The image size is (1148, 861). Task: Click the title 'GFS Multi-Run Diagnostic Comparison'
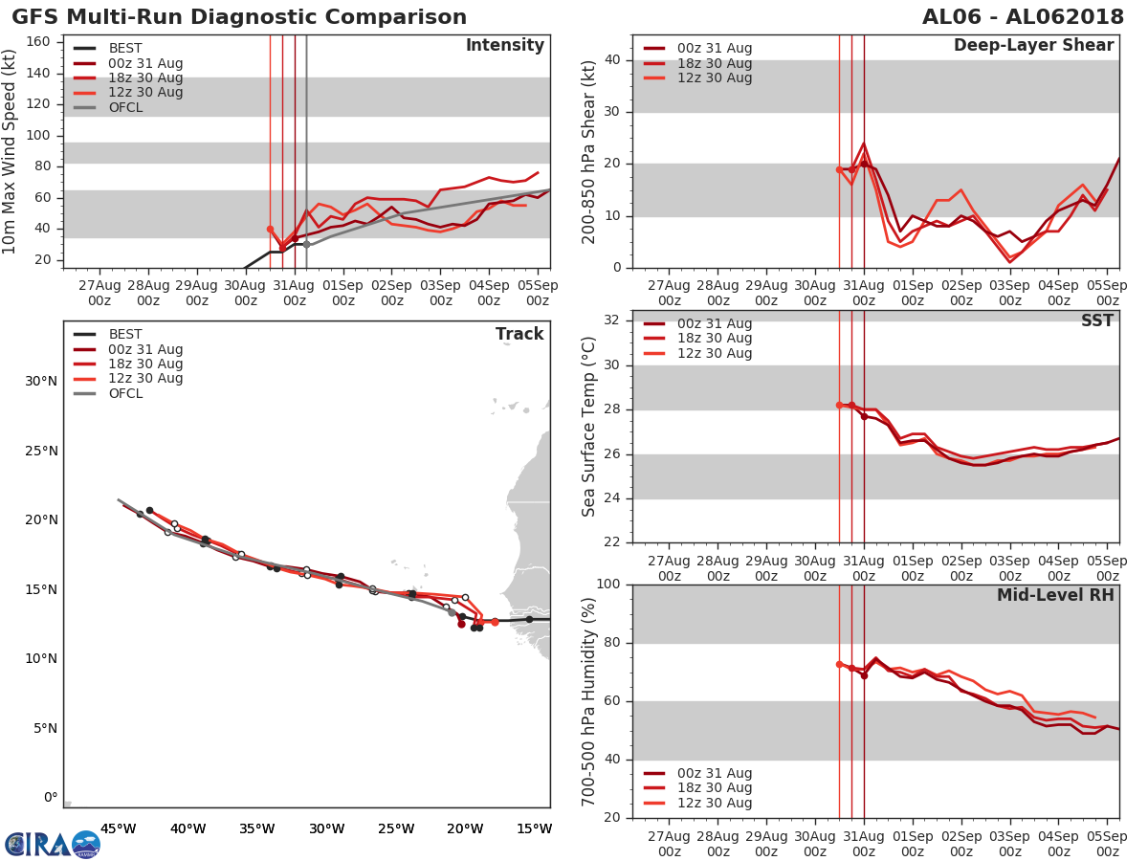(x=239, y=17)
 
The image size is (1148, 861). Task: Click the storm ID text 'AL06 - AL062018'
(x=1023, y=17)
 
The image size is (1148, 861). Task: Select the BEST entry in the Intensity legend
(x=124, y=49)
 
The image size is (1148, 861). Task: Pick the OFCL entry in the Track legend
(x=125, y=393)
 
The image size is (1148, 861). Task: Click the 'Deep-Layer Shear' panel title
(x=1033, y=46)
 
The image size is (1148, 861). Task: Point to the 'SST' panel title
(x=1097, y=321)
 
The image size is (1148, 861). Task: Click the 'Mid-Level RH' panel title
(x=1055, y=596)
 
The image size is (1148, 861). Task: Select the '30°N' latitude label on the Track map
(x=41, y=382)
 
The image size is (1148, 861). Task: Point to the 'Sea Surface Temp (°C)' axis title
(x=589, y=427)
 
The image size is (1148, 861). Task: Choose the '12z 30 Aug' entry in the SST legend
(x=714, y=353)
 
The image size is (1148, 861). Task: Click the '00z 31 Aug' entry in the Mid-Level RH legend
(x=714, y=773)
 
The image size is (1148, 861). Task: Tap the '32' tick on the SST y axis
(x=610, y=320)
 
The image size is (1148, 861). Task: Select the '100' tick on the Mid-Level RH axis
(x=607, y=585)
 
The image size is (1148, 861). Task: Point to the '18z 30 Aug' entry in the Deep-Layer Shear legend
(x=714, y=63)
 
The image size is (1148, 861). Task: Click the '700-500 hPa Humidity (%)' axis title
(x=589, y=701)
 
